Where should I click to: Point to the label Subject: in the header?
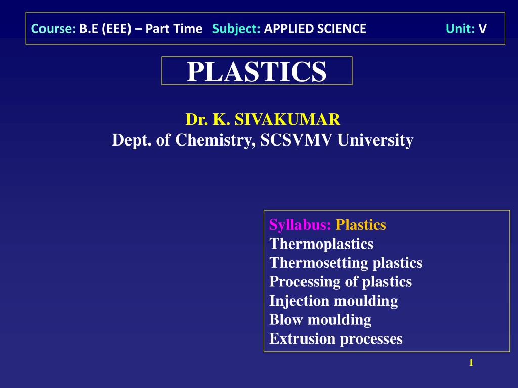(x=236, y=29)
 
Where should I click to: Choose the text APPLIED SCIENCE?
(x=315, y=29)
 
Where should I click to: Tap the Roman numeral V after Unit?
(x=482, y=29)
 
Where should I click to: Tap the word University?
(x=375, y=140)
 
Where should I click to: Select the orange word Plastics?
(x=361, y=225)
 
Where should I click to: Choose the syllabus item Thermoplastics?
(x=321, y=244)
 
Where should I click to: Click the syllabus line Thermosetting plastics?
(x=346, y=263)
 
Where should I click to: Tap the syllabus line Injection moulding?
(x=333, y=301)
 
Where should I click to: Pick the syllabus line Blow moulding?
(x=320, y=320)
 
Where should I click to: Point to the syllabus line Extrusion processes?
(x=336, y=338)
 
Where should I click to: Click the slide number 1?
(x=471, y=362)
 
